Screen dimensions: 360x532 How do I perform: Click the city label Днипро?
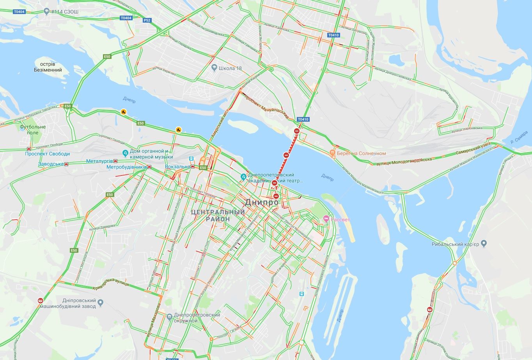pyautogui.click(x=262, y=202)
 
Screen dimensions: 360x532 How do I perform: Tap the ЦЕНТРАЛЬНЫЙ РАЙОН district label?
pyautogui.click(x=218, y=215)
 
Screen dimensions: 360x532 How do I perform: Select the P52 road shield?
pyautogui.click(x=147, y=20)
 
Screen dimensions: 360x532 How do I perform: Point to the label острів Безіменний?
pyautogui.click(x=48, y=67)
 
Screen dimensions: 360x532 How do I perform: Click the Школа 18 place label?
pyautogui.click(x=230, y=68)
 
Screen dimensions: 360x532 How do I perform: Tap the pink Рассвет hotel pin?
pyautogui.click(x=326, y=220)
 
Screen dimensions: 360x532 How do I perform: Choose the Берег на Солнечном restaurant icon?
pyautogui.click(x=332, y=153)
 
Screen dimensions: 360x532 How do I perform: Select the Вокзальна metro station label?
pyautogui.click(x=177, y=167)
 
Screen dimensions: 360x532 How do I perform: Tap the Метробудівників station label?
pyautogui.click(x=126, y=167)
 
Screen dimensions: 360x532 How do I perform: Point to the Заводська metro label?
pyautogui.click(x=51, y=164)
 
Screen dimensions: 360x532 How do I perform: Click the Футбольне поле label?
pyautogui.click(x=33, y=129)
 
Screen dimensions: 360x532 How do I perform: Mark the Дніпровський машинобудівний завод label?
pyautogui.click(x=79, y=303)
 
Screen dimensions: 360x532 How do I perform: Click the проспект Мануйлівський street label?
pyautogui.click(x=266, y=107)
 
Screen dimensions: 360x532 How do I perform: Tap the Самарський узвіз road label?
pyautogui.click(x=474, y=149)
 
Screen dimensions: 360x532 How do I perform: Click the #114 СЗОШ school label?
pyautogui.click(x=64, y=12)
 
